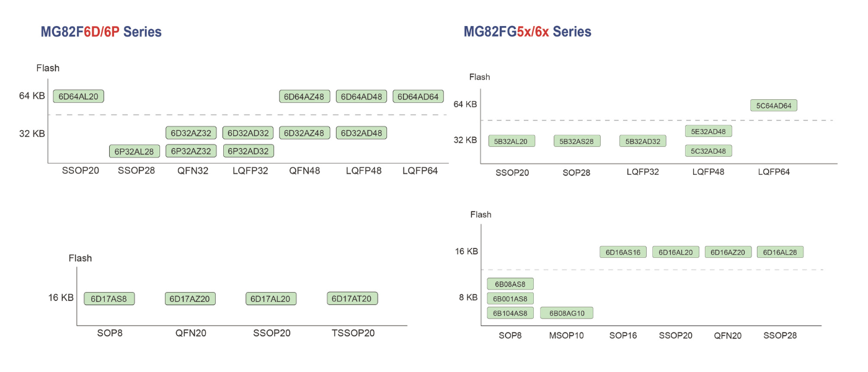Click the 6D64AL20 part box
pyautogui.click(x=79, y=96)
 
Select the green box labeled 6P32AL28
pyautogui.click(x=135, y=151)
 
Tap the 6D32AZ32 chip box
pyautogui.click(x=191, y=133)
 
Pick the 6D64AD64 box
pyautogui.click(x=418, y=96)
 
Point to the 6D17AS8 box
pyautogui.click(x=109, y=299)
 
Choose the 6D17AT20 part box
pyautogui.click(x=352, y=299)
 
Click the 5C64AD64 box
pyautogui.click(x=773, y=105)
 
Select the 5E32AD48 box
pyautogui.click(x=709, y=131)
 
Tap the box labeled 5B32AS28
pyautogui.click(x=577, y=141)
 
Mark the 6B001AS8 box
pyautogui.click(x=510, y=299)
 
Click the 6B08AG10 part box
pyautogui.click(x=567, y=313)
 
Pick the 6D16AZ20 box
pyautogui.click(x=728, y=252)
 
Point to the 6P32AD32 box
pyautogui.click(x=248, y=151)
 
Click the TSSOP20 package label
pyautogui.click(x=352, y=333)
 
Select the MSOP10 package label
pyautogui.click(x=567, y=335)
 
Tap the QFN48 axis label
pyautogui.click(x=304, y=170)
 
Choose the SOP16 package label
pyautogui.click(x=623, y=335)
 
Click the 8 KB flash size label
pyautogui.click(x=468, y=298)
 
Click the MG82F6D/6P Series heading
pyautogui.click(x=101, y=32)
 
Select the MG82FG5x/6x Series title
pyautogui.click(x=527, y=32)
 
